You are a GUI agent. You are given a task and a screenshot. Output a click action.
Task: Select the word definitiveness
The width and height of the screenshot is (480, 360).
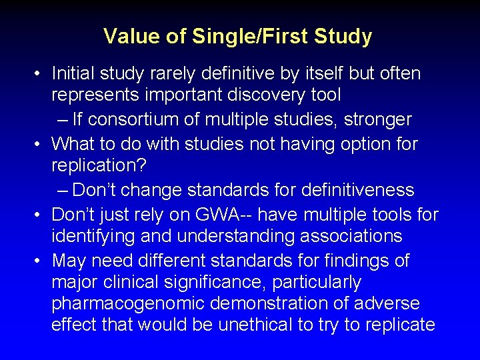coord(357,190)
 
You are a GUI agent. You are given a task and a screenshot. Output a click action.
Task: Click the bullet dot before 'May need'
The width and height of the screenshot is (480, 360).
coord(41,261)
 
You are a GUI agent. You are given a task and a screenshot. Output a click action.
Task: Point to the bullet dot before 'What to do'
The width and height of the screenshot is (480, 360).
coord(41,144)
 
